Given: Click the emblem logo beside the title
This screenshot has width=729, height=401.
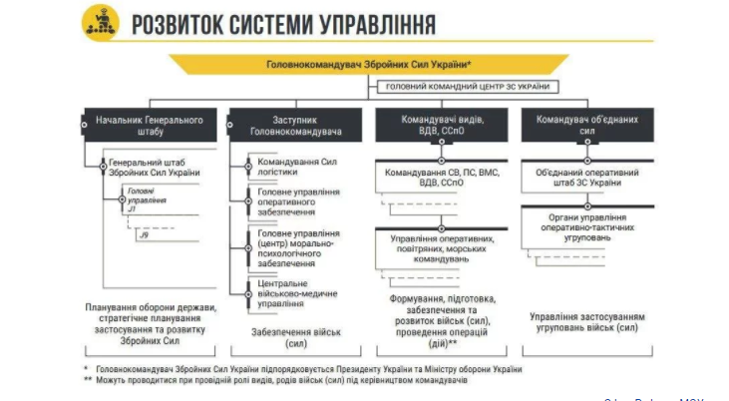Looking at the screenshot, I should [101, 20].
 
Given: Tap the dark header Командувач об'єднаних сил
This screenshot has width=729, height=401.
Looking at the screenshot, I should [587, 125].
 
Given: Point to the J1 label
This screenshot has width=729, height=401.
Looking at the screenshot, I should [131, 209].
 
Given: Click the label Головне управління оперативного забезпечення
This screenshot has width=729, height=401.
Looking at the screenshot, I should [299, 201].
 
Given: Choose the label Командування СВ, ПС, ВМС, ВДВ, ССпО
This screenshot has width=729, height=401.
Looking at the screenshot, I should [441, 178].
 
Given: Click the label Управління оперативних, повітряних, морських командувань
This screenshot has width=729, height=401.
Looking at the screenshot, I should [441, 248].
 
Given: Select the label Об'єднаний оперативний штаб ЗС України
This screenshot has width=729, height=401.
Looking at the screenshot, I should [586, 177].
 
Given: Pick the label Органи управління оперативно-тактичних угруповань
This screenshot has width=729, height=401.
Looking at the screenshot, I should [586, 223].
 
